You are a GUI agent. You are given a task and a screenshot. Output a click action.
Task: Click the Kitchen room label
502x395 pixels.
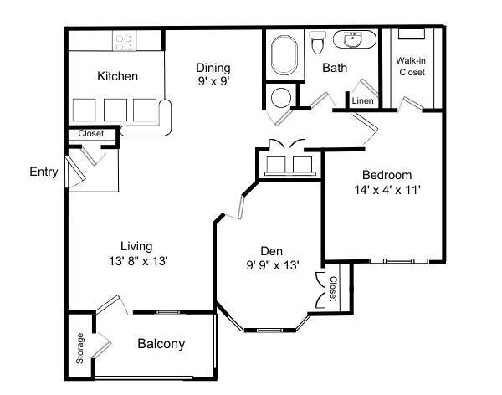(118, 76)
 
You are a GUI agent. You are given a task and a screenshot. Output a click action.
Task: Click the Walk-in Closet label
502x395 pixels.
(411, 66)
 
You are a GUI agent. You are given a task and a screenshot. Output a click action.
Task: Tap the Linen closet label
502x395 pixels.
(362, 100)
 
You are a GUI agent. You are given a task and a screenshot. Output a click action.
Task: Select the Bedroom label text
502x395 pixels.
(387, 175)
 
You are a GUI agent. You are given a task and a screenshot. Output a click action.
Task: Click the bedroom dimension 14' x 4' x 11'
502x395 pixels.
(387, 189)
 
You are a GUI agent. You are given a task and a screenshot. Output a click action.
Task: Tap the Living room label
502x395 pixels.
(136, 246)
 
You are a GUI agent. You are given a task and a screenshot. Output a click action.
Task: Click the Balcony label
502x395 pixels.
(161, 344)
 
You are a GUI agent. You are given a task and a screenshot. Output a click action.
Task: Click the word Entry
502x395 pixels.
(44, 172)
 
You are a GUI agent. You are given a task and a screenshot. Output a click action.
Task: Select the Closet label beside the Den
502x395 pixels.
(333, 289)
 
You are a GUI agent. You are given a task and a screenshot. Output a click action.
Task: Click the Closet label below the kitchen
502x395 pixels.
(90, 134)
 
